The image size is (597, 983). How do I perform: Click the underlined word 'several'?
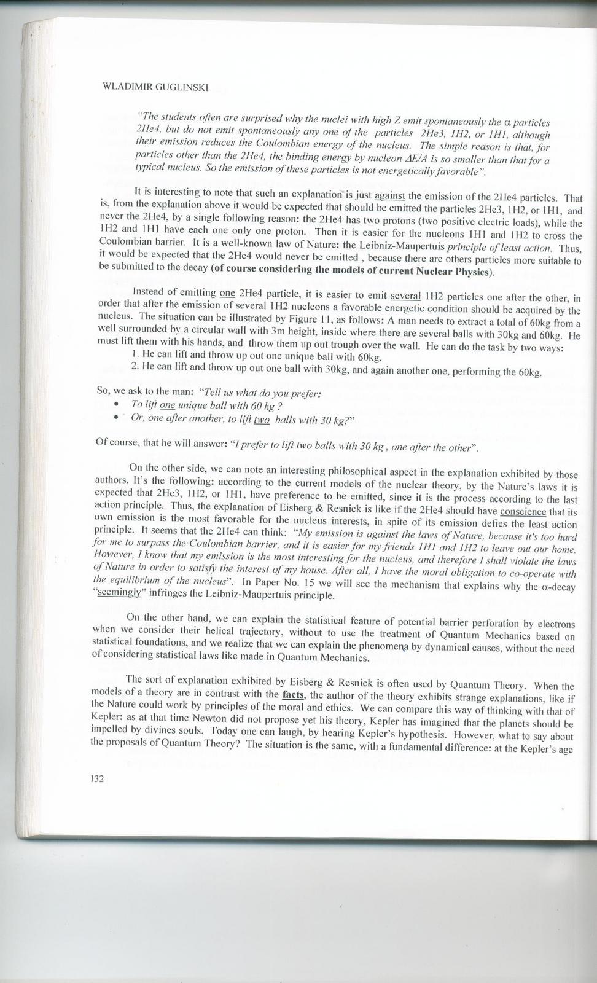point(405,294)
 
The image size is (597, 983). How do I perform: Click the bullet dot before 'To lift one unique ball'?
point(117,405)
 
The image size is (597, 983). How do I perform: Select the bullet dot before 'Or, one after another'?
point(117,418)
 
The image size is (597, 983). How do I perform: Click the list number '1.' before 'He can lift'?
point(135,355)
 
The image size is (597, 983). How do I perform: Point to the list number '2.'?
point(135,366)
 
